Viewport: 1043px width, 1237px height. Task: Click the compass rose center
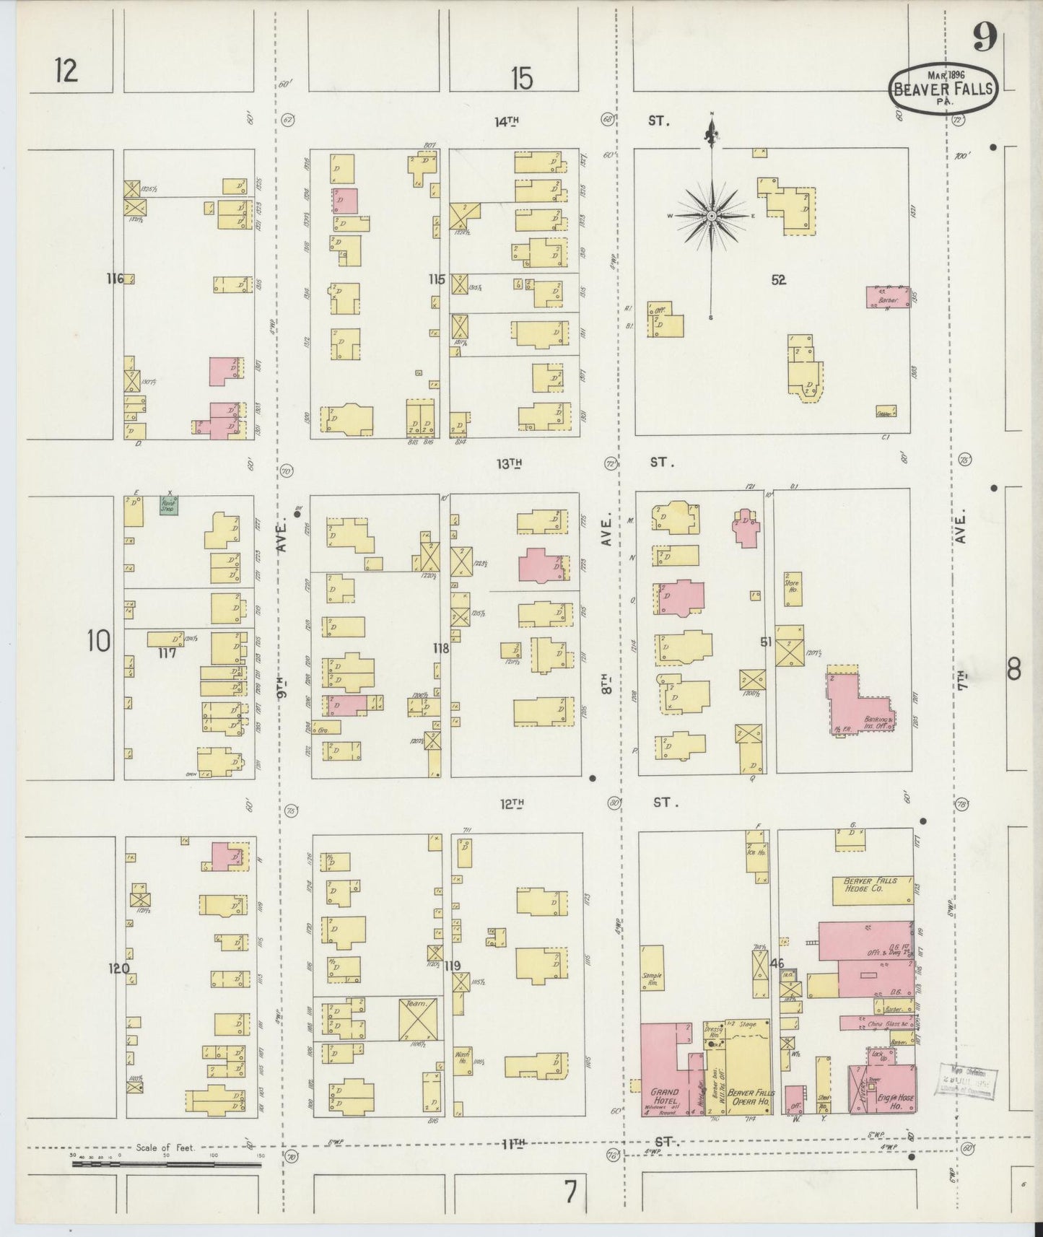(x=712, y=216)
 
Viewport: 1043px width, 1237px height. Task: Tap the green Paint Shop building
(x=169, y=504)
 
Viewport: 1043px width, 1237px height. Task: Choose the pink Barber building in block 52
(x=888, y=298)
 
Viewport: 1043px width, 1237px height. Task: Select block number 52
(x=777, y=280)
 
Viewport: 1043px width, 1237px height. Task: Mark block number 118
(x=440, y=648)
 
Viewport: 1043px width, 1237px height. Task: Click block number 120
(x=118, y=969)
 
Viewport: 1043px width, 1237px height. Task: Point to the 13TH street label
(x=509, y=464)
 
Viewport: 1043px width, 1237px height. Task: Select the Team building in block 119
(x=419, y=1018)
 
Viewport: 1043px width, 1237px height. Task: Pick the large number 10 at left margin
(x=99, y=641)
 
